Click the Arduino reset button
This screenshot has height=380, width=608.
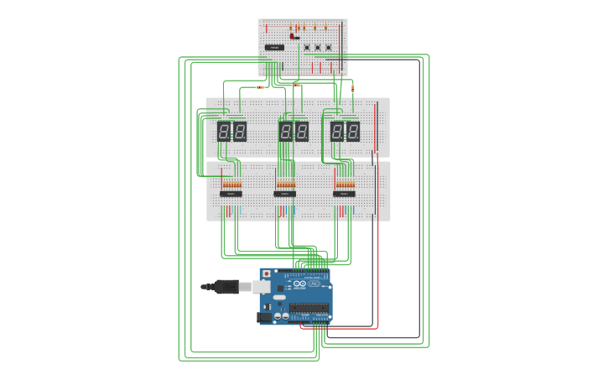(x=266, y=273)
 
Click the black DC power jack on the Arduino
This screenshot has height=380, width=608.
(x=263, y=316)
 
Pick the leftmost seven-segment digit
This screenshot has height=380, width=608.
(x=224, y=131)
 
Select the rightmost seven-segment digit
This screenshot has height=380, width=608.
(x=353, y=131)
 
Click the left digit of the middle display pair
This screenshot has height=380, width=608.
(x=286, y=131)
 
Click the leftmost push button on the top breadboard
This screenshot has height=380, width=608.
(x=307, y=48)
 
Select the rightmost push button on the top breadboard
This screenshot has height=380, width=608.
(x=329, y=48)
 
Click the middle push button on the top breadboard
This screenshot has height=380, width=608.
(x=318, y=48)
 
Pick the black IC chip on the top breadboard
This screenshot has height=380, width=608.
(x=274, y=48)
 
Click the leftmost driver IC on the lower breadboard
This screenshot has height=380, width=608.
(x=231, y=194)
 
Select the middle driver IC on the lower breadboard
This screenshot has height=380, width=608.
(x=285, y=194)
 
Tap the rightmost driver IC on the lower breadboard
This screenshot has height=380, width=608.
(x=344, y=194)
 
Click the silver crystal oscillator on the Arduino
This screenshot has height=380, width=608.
(x=278, y=296)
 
